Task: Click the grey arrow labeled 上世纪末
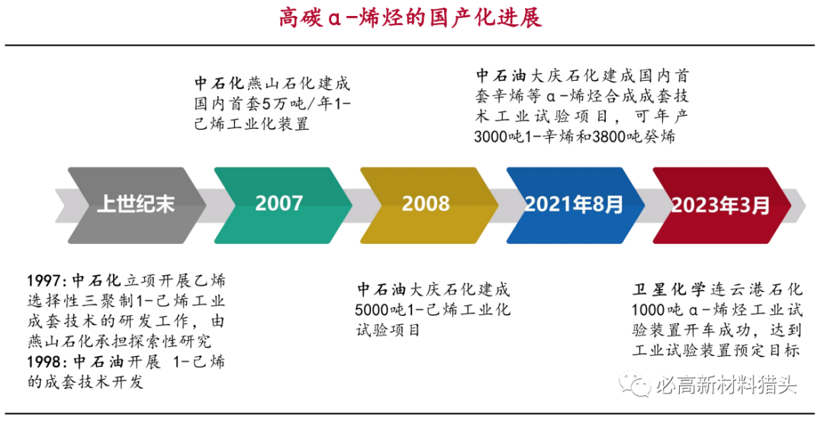click(x=137, y=205)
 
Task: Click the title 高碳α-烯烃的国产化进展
click(x=410, y=18)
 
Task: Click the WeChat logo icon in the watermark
click(x=635, y=383)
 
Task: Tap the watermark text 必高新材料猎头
click(x=726, y=384)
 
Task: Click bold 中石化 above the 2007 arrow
click(x=220, y=83)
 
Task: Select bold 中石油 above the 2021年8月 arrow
click(x=501, y=76)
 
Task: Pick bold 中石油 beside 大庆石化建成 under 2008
click(x=381, y=289)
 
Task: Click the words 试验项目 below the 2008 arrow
click(x=388, y=330)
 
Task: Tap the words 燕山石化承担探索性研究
click(x=120, y=342)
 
